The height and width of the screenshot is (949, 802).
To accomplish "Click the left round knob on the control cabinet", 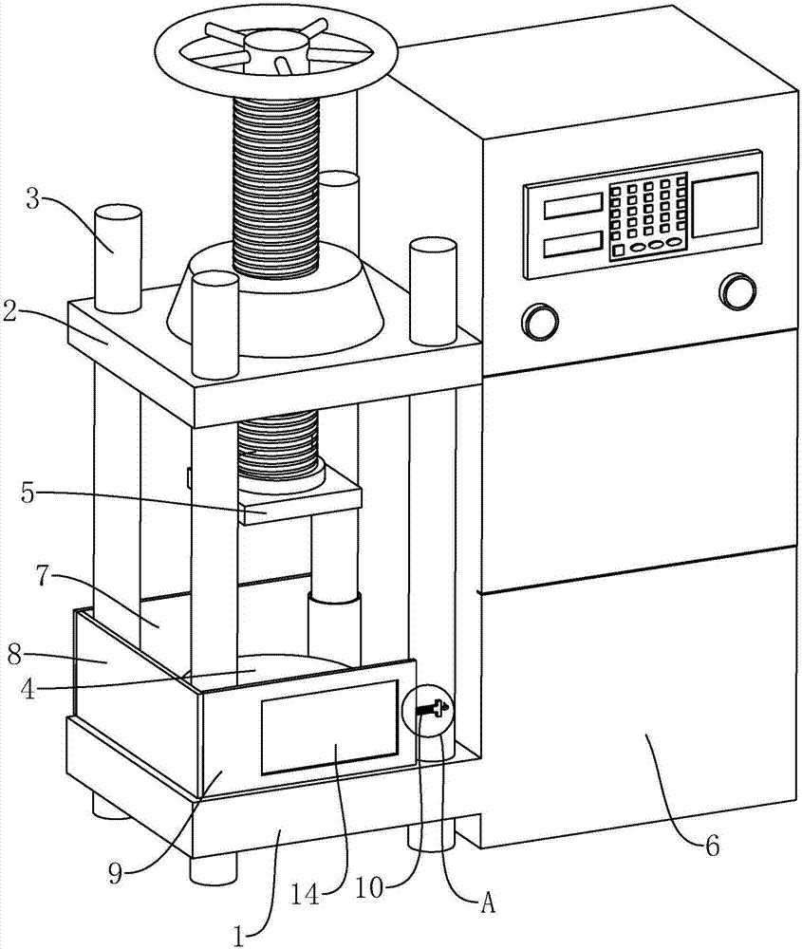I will click(539, 320).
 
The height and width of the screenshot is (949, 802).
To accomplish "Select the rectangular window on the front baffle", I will click(329, 723).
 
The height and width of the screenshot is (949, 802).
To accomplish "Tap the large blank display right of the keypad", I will click(726, 205).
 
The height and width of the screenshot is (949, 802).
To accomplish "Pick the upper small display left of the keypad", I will click(572, 202).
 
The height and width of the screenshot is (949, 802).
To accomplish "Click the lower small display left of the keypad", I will click(574, 243).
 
